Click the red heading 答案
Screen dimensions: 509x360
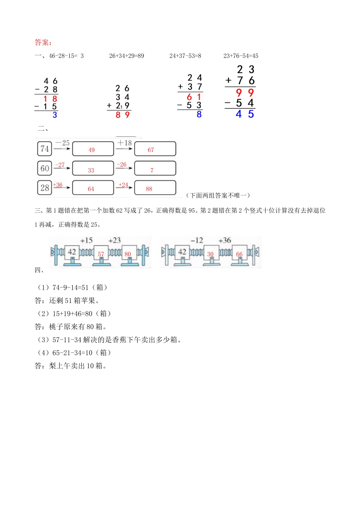tap(43, 42)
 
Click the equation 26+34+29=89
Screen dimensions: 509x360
tap(127, 56)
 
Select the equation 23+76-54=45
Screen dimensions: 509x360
tap(241, 56)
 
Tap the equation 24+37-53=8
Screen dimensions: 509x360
tap(185, 56)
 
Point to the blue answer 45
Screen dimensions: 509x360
tap(244, 114)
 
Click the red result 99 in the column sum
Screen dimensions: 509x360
tap(244, 92)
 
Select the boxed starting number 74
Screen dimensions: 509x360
tap(45, 149)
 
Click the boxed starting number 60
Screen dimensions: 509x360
tap(45, 168)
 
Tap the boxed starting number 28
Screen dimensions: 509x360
tap(45, 187)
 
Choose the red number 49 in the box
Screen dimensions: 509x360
tap(91, 150)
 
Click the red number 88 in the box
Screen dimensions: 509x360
tap(149, 189)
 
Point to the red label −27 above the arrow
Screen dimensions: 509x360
tap(60, 165)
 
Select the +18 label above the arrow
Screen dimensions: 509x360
tap(124, 143)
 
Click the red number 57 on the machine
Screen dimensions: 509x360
tap(101, 254)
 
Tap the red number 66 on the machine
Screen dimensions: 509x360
tap(239, 254)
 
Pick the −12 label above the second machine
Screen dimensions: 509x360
tap(197, 240)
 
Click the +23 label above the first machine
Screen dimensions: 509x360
tap(114, 240)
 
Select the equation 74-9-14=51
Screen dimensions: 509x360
tap(72, 287)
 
